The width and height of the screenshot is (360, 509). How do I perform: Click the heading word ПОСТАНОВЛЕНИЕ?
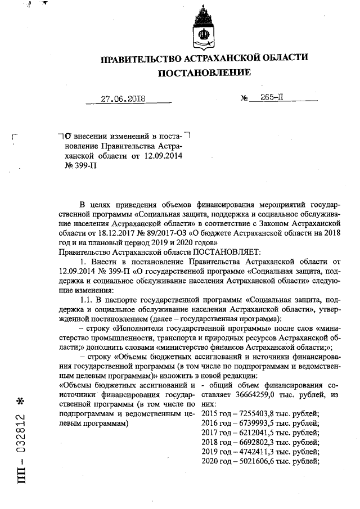pyautogui.click(x=204, y=73)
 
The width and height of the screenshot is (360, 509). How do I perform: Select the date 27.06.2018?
pyautogui.click(x=123, y=98)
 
